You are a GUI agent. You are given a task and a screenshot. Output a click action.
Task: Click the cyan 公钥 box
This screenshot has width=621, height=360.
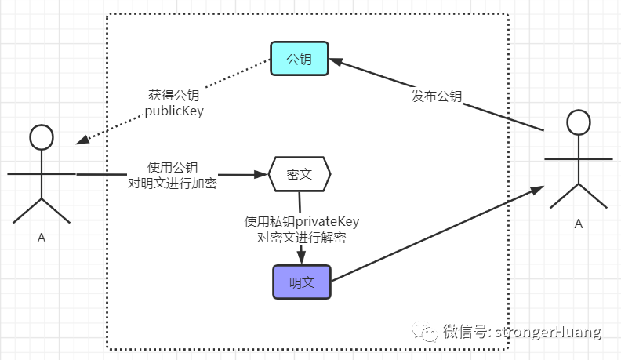coord(300,59)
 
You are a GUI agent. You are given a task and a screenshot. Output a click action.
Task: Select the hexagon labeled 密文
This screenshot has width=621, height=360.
coord(300,174)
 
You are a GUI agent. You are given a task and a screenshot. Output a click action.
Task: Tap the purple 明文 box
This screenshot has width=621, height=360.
coord(302,282)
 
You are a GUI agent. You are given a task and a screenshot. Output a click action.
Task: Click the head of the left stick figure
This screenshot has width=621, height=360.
coord(41,136)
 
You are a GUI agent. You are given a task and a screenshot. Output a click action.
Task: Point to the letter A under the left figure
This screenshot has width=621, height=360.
coord(42,238)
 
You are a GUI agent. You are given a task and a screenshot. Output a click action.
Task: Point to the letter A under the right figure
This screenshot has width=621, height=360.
coord(579,224)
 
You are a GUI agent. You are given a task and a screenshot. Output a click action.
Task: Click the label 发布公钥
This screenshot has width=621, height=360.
coord(437,96)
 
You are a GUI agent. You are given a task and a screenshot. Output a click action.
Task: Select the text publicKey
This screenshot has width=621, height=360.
coord(174,111)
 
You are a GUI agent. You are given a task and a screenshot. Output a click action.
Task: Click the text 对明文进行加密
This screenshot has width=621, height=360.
coord(172,184)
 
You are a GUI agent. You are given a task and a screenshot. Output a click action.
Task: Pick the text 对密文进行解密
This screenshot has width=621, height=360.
coord(302,238)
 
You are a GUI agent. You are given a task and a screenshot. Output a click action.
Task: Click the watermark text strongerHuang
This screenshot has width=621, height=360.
coord(557,332)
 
